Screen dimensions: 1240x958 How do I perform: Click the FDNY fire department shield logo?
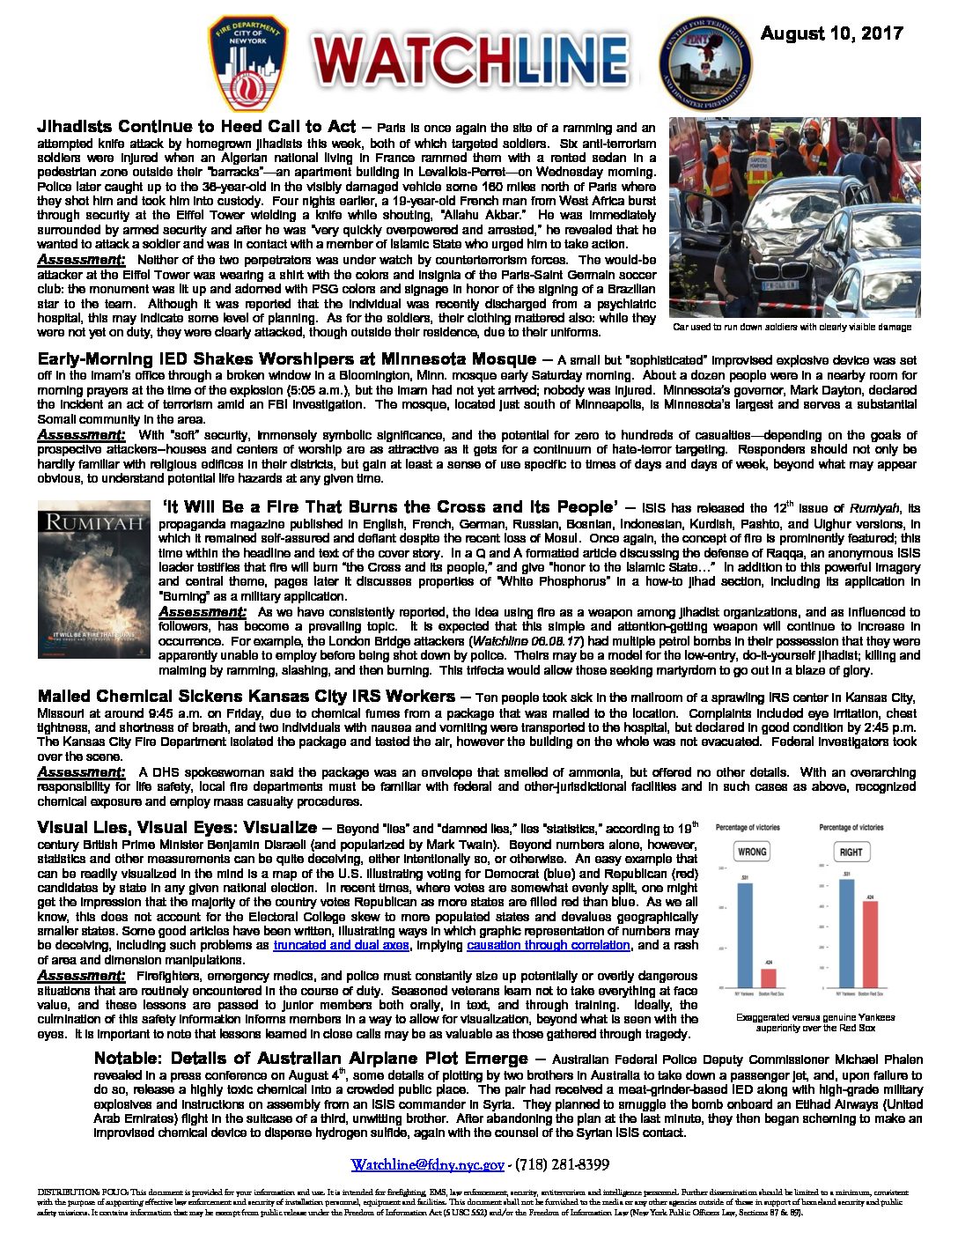[248, 59]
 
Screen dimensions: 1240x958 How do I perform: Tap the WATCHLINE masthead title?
[469, 62]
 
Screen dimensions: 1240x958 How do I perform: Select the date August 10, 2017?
[831, 33]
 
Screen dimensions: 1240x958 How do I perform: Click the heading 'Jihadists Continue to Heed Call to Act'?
[196, 127]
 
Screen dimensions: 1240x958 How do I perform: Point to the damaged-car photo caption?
[792, 327]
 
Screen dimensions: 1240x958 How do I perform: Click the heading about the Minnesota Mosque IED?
[286, 359]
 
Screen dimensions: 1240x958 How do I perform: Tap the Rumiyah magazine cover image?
[94, 579]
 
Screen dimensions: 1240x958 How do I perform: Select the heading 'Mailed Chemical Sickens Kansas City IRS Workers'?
[247, 697]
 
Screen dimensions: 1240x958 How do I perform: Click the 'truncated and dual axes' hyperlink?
[341, 945]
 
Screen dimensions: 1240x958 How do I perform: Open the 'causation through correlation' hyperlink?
[548, 945]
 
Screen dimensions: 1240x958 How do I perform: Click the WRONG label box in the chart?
[752, 852]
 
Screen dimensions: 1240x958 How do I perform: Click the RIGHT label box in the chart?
[851, 852]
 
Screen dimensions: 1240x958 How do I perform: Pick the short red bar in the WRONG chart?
[769, 978]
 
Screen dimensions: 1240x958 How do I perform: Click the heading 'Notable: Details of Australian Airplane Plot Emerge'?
[311, 1059]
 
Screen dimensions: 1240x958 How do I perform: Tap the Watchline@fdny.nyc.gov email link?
[427, 1164]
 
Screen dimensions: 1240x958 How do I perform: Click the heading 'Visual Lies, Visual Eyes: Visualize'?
[177, 828]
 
